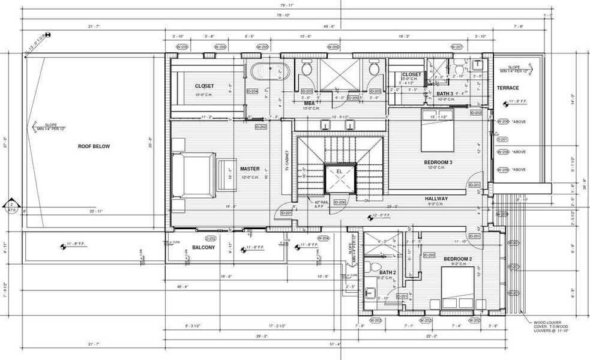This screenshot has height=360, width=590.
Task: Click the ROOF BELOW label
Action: coord(94,146)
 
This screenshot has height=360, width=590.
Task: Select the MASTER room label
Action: coord(250,169)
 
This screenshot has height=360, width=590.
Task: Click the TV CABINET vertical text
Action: coord(287,161)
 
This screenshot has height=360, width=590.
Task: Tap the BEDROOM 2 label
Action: coord(458,259)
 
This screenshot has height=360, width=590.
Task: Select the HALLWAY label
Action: coord(438,198)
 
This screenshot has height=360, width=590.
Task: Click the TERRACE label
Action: coord(508,88)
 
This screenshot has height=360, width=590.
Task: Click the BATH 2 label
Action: coord(388,272)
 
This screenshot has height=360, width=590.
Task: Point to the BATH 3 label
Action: coord(445,94)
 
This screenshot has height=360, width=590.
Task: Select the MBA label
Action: coord(310,103)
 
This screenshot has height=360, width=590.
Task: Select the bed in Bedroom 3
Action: coord(436,132)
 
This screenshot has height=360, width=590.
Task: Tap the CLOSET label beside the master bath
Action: coord(204,86)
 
